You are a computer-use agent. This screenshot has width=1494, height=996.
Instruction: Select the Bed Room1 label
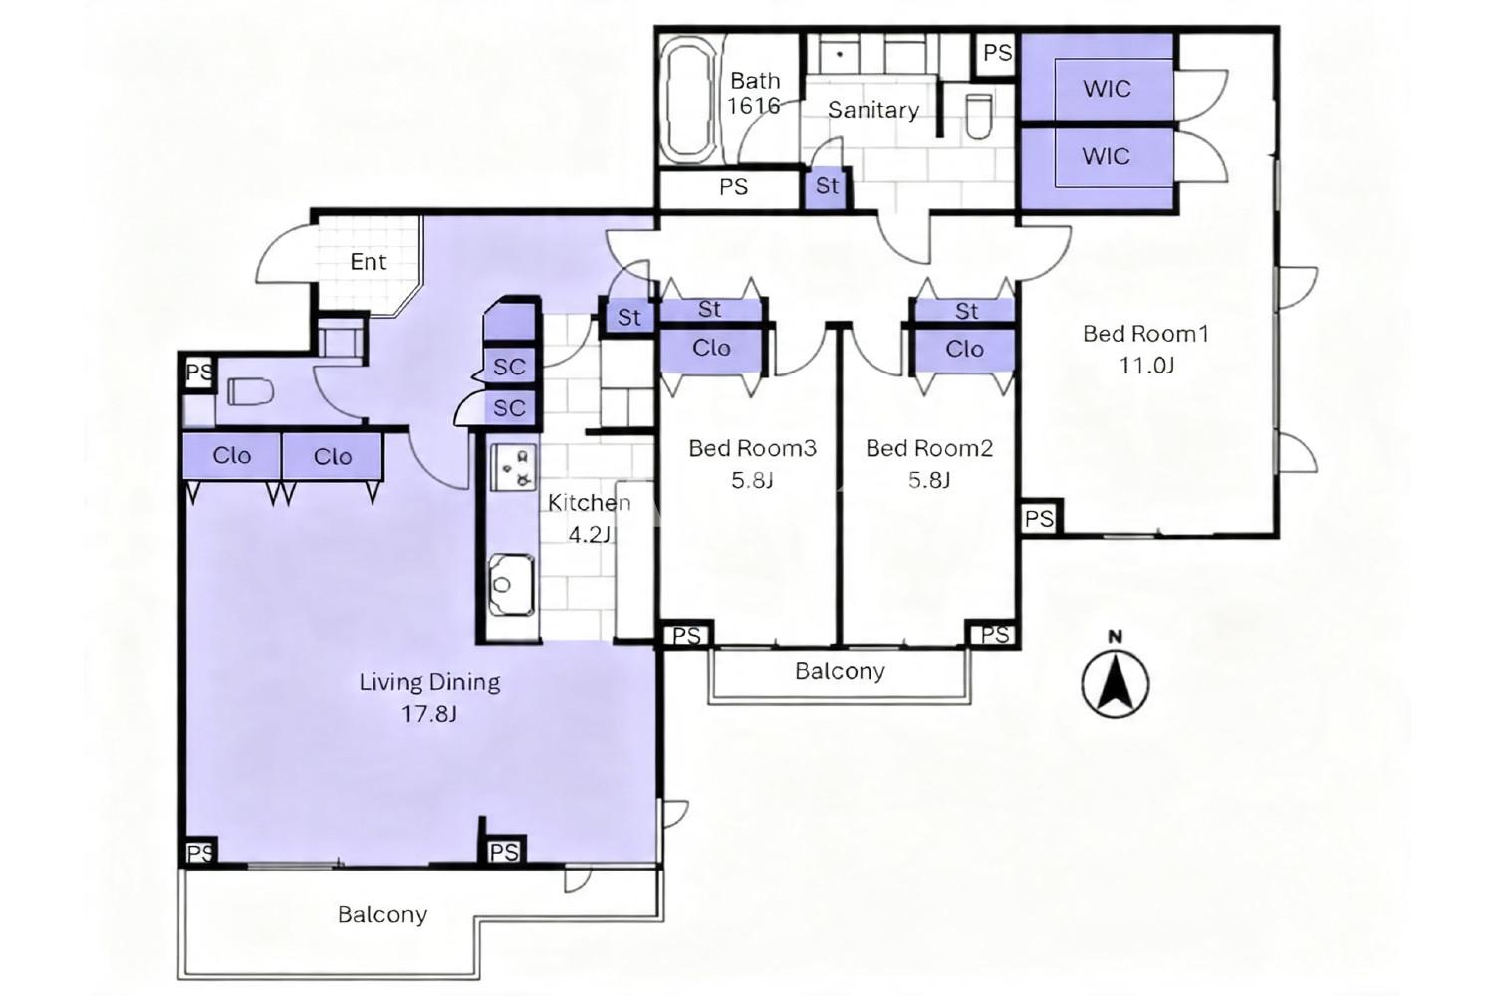(1145, 334)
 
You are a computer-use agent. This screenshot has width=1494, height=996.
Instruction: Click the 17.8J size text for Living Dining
(429, 714)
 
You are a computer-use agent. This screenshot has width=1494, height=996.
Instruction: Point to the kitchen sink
(511, 585)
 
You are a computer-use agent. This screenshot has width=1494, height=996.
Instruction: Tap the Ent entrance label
(369, 262)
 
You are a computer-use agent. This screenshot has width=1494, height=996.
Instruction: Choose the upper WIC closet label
(1107, 89)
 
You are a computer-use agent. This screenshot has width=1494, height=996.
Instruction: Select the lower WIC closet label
(1106, 156)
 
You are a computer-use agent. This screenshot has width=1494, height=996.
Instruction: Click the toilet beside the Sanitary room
(979, 117)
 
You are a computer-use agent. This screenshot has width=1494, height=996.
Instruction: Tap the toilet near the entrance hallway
(250, 391)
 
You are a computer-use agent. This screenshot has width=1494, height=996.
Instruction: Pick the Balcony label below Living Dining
(382, 914)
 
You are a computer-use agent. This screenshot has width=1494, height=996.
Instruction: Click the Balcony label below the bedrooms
(840, 671)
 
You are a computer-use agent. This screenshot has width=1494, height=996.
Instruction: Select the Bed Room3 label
(752, 448)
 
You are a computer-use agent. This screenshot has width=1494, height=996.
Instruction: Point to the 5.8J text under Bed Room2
(929, 480)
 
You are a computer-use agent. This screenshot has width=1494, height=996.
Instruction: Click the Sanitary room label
(873, 110)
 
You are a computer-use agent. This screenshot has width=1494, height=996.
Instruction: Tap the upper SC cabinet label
(509, 367)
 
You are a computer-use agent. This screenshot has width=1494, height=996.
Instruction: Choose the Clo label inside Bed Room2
(964, 349)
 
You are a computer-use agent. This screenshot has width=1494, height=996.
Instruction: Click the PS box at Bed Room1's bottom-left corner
(1039, 518)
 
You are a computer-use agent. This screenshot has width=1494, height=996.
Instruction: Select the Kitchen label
(589, 503)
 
